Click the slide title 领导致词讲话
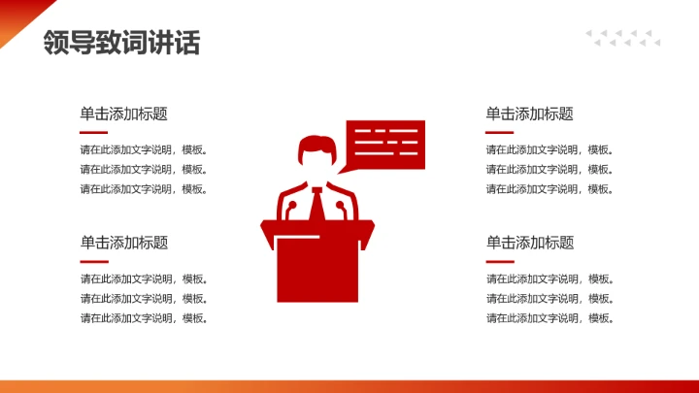click(x=121, y=43)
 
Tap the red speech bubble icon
click(x=385, y=144)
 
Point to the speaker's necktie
click(x=317, y=206)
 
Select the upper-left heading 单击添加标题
click(x=124, y=114)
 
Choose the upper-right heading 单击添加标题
click(x=530, y=114)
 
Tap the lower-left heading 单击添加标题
click(x=124, y=243)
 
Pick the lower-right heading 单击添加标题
click(x=530, y=243)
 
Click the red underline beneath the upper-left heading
click(x=93, y=132)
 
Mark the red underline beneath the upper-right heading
click(x=499, y=132)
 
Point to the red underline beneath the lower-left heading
click(x=93, y=261)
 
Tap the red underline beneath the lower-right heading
click(x=499, y=261)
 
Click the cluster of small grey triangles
click(x=622, y=38)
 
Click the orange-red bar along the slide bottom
click(x=349, y=386)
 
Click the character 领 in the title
click(x=54, y=43)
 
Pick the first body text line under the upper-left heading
click(x=144, y=149)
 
